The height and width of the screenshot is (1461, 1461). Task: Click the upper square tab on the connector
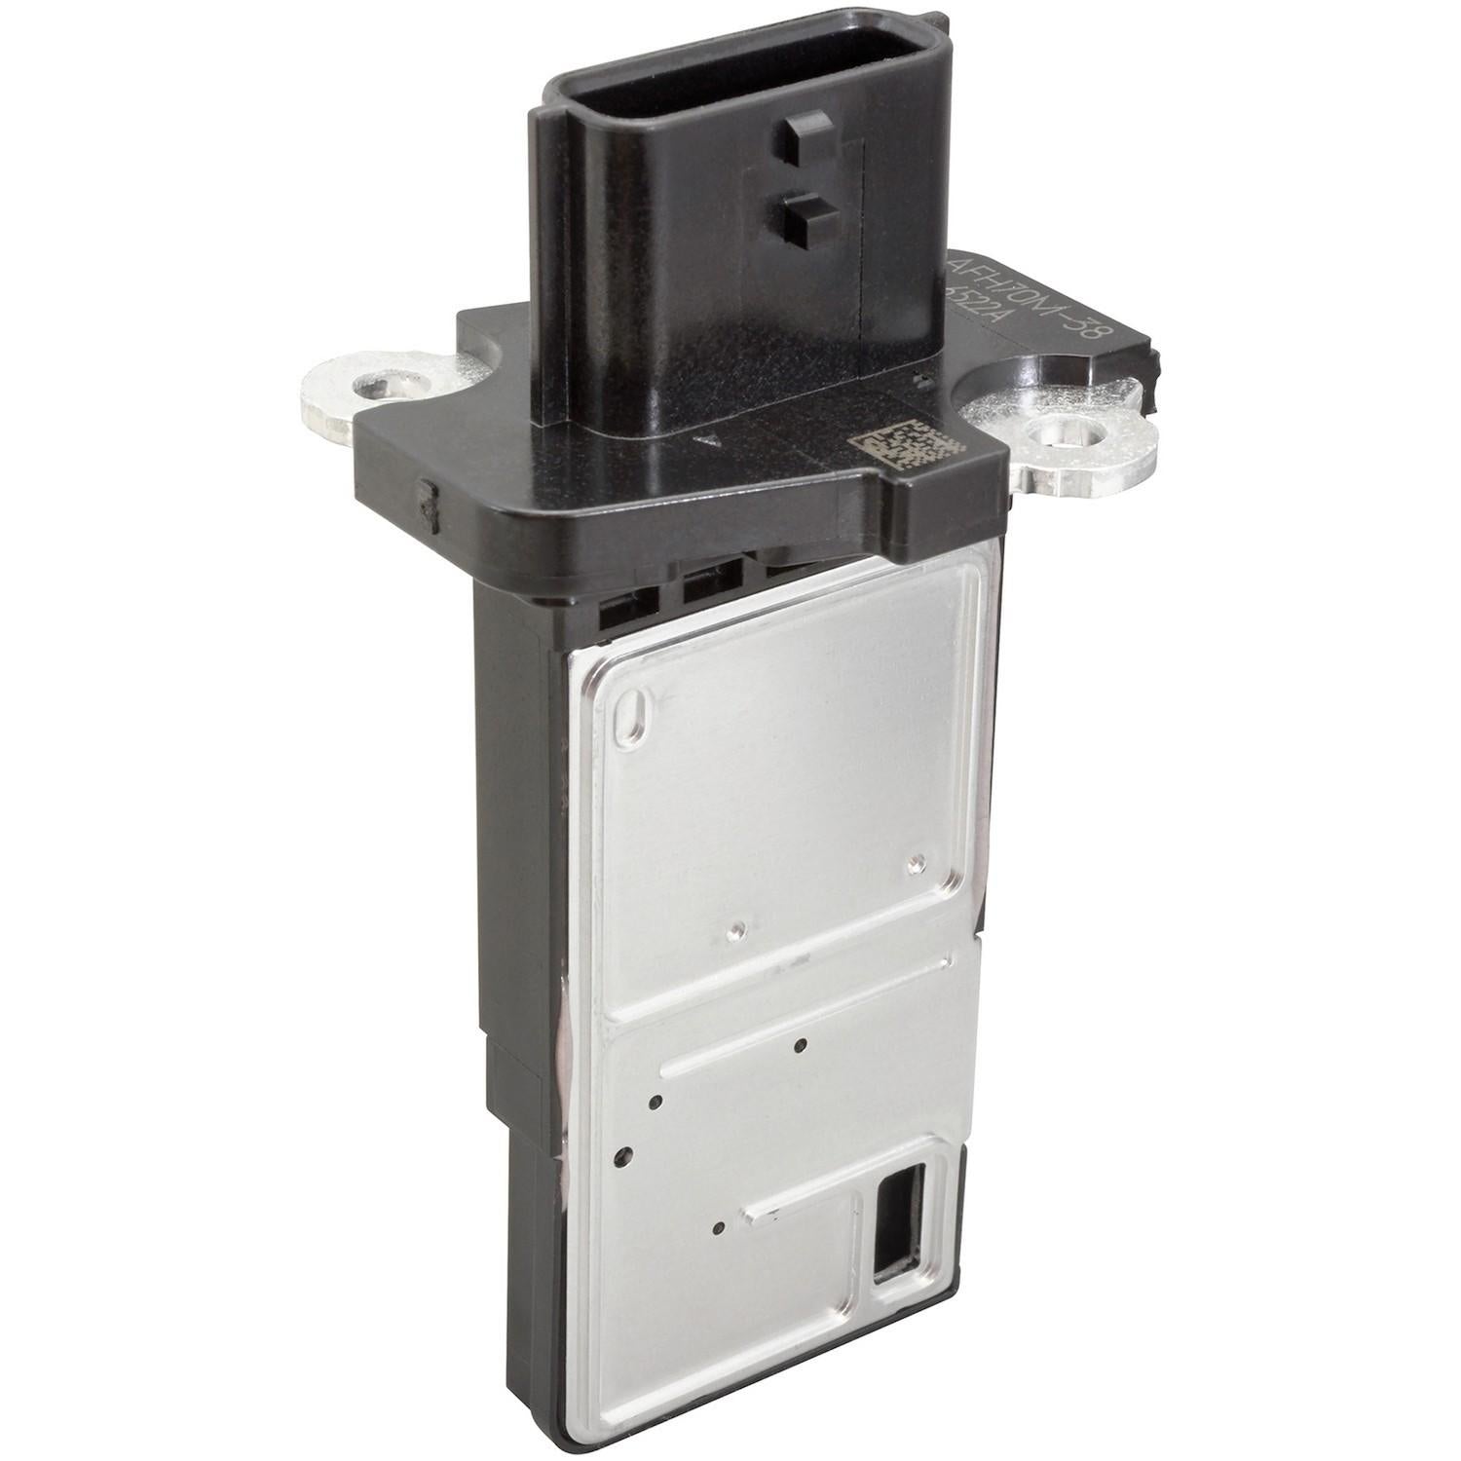(802, 133)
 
